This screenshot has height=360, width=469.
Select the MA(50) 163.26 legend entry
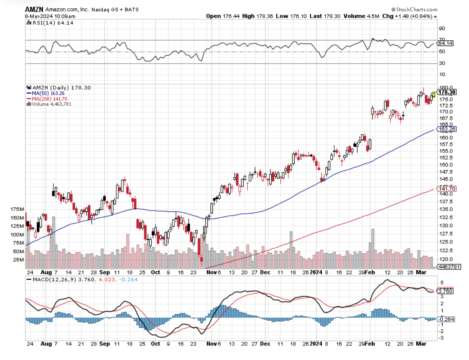(x=46, y=94)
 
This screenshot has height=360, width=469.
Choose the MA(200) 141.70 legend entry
(x=47, y=99)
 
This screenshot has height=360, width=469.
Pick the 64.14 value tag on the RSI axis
(x=445, y=43)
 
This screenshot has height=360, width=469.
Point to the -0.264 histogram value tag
(x=446, y=319)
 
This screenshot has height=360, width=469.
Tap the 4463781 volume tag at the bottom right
(x=449, y=266)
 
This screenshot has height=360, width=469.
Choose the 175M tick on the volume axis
(x=18, y=209)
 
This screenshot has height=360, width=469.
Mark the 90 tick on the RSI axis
(x=442, y=28)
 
